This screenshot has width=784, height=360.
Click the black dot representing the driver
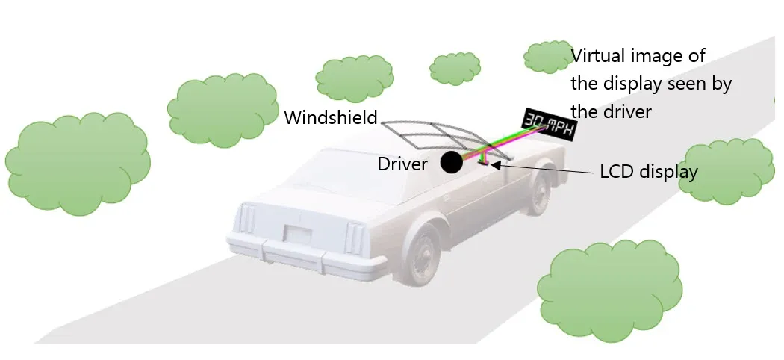coord(451,161)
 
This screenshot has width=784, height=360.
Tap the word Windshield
coord(330,117)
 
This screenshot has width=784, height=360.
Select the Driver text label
coord(402,164)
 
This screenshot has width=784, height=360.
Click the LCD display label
coord(649,172)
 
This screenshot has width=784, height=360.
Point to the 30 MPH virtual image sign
coord(549,125)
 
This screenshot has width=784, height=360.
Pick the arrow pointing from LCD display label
coord(545,167)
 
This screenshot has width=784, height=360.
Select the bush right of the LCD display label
coord(729,171)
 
